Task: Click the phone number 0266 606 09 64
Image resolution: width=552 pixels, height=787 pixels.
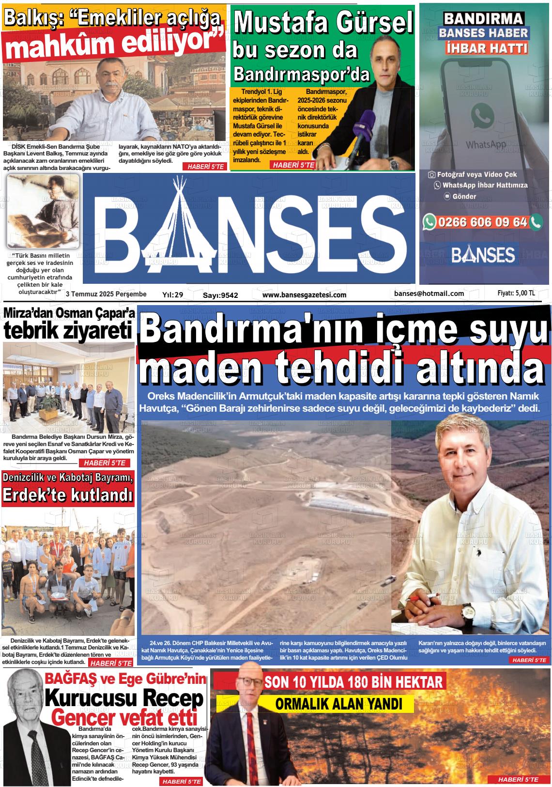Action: pyautogui.click(x=482, y=222)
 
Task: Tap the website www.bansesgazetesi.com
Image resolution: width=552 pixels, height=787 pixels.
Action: pyautogui.click(x=304, y=294)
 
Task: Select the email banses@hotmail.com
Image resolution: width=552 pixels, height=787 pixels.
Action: pyautogui.click(x=429, y=293)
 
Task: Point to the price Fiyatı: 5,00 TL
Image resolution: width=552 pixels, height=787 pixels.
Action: pyautogui.click(x=516, y=293)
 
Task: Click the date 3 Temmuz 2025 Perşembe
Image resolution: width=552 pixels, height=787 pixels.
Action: pyautogui.click(x=106, y=294)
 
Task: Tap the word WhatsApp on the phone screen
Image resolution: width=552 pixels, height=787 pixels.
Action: pyautogui.click(x=486, y=144)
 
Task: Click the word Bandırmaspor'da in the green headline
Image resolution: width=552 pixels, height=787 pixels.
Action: pyautogui.click(x=301, y=74)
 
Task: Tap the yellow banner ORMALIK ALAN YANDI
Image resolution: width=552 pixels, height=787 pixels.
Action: pyautogui.click(x=338, y=704)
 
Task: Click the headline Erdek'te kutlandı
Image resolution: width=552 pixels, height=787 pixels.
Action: pyautogui.click(x=68, y=495)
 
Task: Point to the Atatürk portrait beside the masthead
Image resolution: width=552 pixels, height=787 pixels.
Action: pyautogui.click(x=43, y=211)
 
